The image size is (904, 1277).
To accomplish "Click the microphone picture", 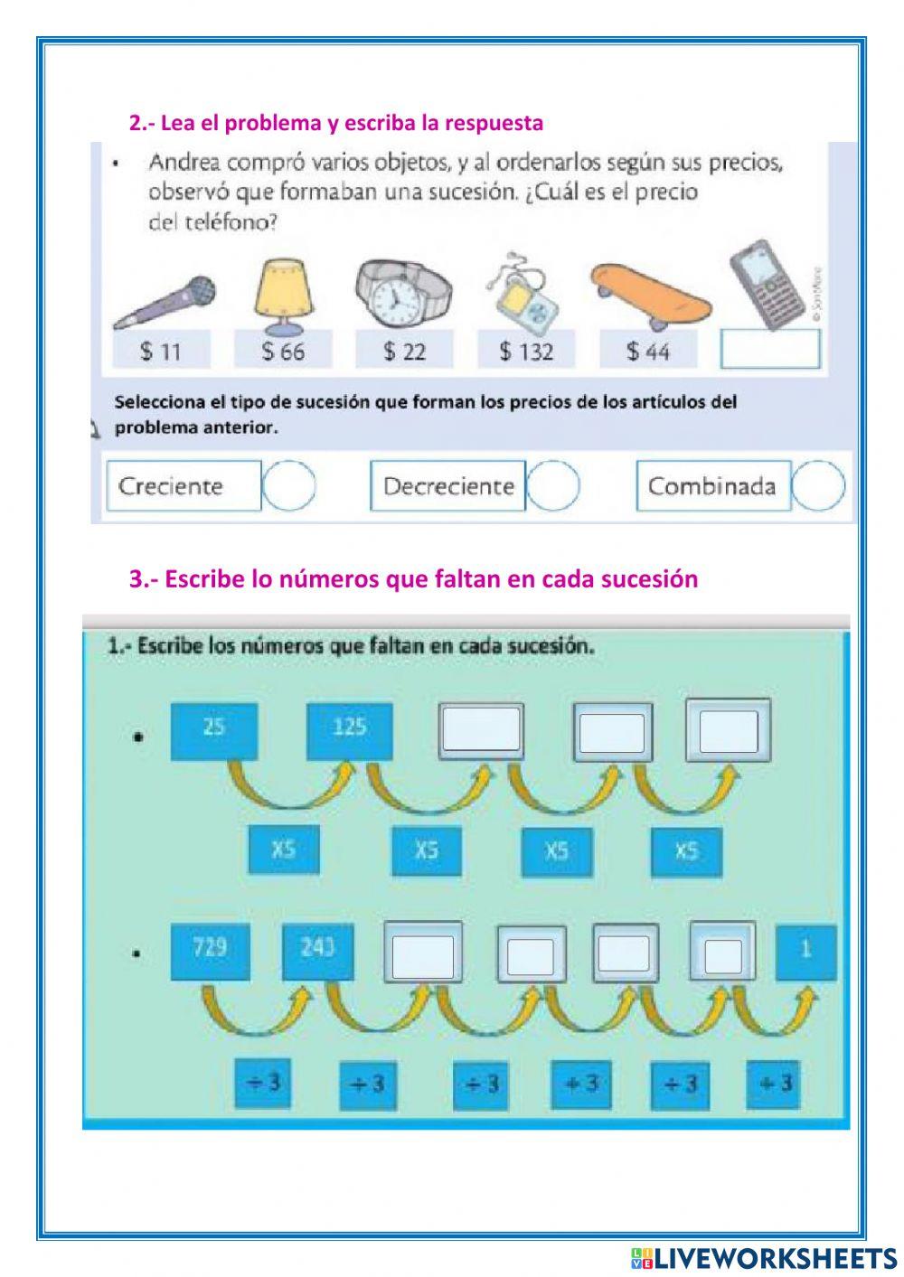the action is (x=165, y=301).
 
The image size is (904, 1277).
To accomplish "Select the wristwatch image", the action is (x=402, y=294).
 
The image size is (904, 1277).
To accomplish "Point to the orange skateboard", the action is (x=650, y=294).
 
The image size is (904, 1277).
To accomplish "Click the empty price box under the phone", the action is (x=770, y=350).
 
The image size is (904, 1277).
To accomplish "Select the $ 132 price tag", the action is (x=526, y=351).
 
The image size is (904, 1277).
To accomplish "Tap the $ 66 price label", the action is (x=283, y=351).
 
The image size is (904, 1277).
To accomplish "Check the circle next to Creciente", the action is (x=289, y=486).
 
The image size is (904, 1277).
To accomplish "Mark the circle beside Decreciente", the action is (x=553, y=486).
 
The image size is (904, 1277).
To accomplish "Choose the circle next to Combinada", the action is (x=819, y=486).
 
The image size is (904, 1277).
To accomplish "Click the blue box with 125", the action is (x=350, y=730).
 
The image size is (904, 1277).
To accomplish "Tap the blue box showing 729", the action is (x=211, y=952).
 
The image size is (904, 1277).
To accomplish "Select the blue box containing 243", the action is (x=317, y=952).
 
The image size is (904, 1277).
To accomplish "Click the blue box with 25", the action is (x=214, y=730).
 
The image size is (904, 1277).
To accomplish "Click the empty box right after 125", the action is (x=481, y=730).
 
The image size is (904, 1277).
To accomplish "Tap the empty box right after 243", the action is (x=423, y=954).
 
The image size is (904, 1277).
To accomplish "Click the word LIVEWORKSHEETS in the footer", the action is (x=774, y=1258).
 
